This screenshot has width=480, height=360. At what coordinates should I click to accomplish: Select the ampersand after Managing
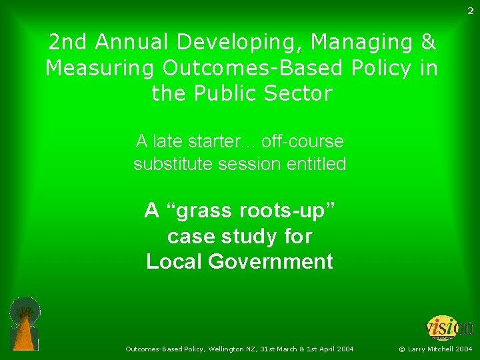pyautogui.click(x=428, y=43)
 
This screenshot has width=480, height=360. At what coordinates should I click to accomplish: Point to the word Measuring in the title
pyautogui.click(x=99, y=68)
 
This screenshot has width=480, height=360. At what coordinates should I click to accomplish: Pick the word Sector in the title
pyautogui.click(x=299, y=93)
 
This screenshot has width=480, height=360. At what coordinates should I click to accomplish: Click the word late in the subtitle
pyautogui.click(x=172, y=141)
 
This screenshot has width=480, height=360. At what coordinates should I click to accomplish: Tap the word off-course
pyautogui.click(x=303, y=141)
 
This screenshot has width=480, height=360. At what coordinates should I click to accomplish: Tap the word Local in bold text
pyautogui.click(x=175, y=261)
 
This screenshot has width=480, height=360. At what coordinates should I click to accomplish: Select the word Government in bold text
pyautogui.click(x=270, y=261)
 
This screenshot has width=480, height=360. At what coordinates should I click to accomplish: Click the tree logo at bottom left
pyautogui.click(x=25, y=323)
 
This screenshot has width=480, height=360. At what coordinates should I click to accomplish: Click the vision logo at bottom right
pyautogui.click(x=449, y=328)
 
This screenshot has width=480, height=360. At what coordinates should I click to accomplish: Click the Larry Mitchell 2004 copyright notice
pyautogui.click(x=435, y=349)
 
